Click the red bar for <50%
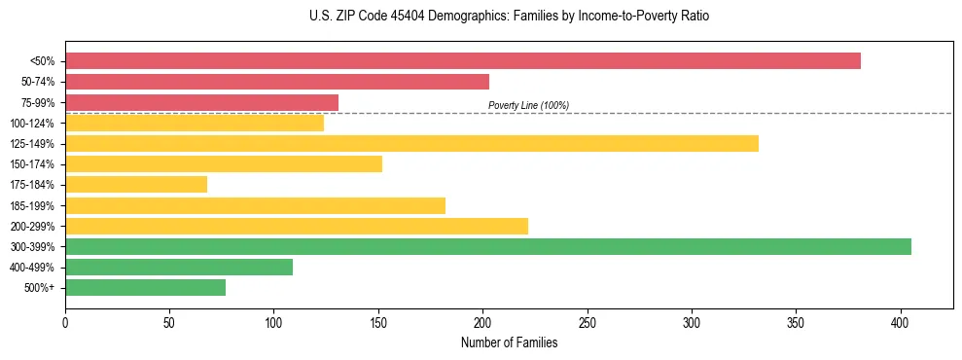point(462,61)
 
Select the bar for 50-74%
point(277,82)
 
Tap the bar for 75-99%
point(201,102)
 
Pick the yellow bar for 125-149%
point(411,144)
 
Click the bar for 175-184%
point(136,185)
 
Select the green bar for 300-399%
point(488,247)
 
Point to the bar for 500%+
point(145,288)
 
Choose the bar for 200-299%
point(297,226)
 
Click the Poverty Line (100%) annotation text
point(528,105)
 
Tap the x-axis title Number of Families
point(509,342)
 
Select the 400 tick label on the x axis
point(901,321)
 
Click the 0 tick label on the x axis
point(65,321)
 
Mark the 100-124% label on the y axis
point(33,124)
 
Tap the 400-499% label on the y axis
point(33,268)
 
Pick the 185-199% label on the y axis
point(33,206)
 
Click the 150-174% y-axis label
point(33,164)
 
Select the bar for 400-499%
point(179,268)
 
